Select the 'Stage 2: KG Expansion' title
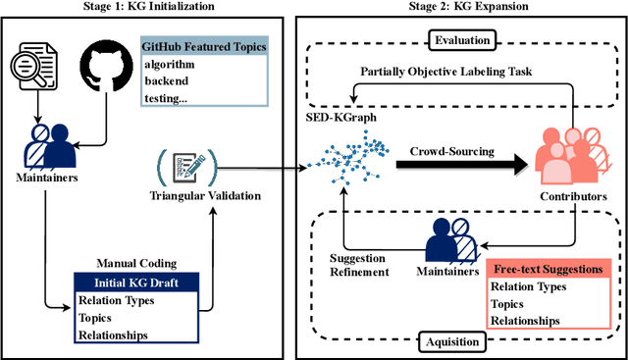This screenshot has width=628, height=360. pos(460,8)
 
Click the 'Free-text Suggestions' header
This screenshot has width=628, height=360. pos(548,268)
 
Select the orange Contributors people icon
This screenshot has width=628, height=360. pos(575,158)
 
